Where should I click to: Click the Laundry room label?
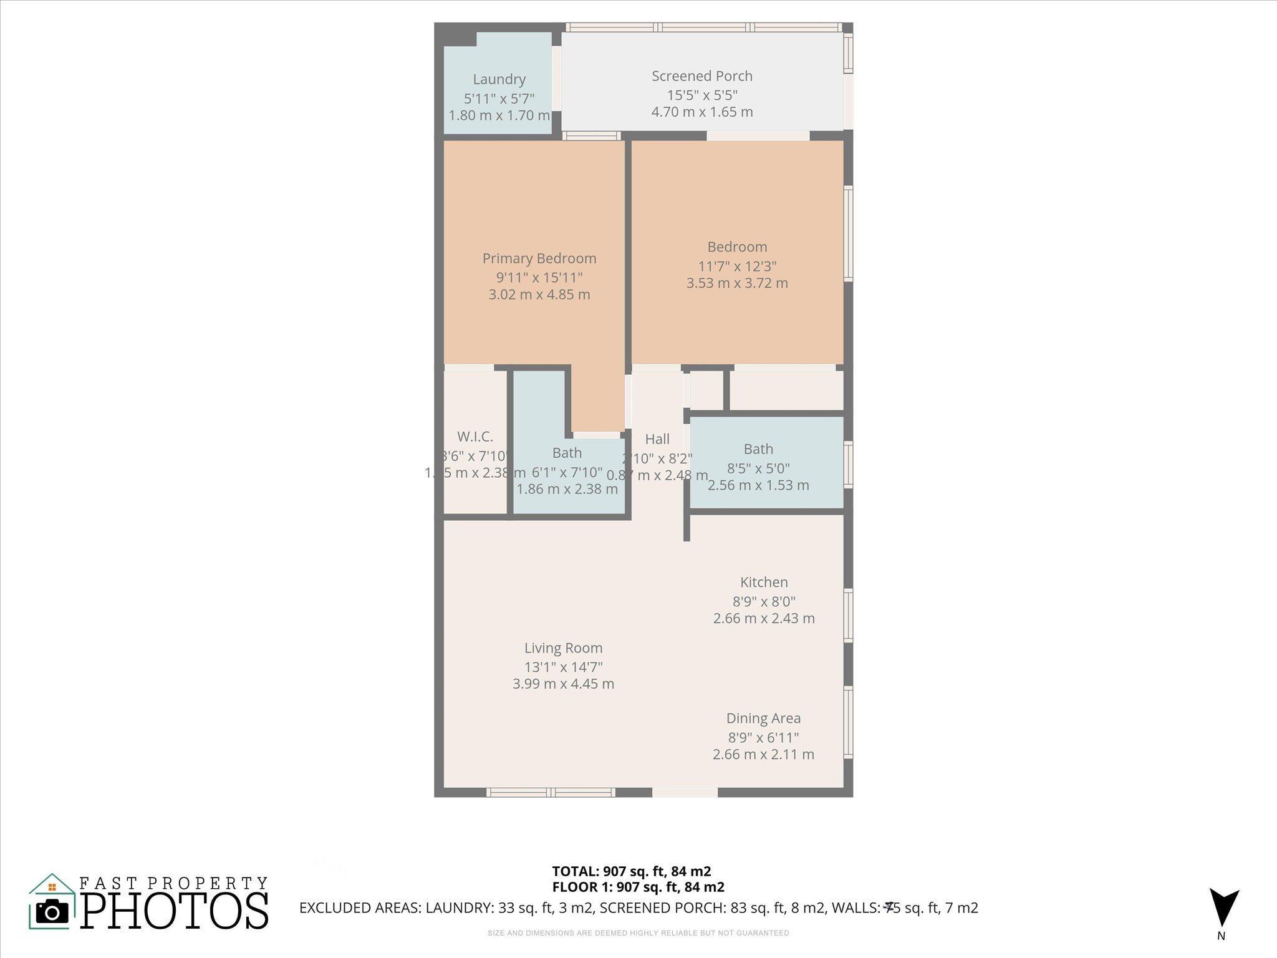tap(499, 79)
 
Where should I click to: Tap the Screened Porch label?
tap(702, 76)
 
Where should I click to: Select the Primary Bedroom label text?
tap(539, 258)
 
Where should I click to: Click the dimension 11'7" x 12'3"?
tap(737, 266)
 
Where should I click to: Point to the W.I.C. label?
tap(475, 437)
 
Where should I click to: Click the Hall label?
tap(657, 439)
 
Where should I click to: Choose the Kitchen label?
tap(764, 583)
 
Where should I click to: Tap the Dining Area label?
tap(763, 718)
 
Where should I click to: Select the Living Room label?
tap(563, 648)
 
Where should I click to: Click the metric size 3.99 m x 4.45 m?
tap(563, 684)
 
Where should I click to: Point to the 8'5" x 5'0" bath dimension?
tap(758, 468)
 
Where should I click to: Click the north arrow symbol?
tap(1224, 907)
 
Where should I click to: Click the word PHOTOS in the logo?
tap(175, 911)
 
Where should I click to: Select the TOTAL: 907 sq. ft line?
tap(631, 871)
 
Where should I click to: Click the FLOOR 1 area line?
tap(638, 887)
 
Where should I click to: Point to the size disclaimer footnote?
tap(638, 933)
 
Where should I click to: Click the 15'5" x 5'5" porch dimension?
tap(702, 95)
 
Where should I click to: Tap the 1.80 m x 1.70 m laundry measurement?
tap(499, 115)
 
